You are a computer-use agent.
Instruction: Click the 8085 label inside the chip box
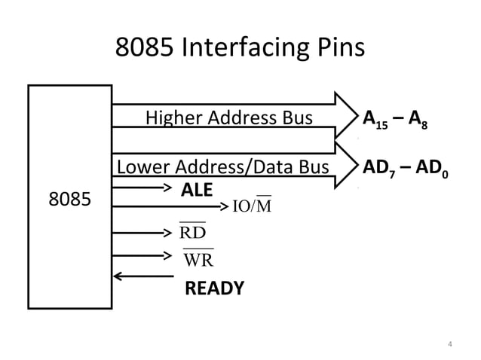(69, 200)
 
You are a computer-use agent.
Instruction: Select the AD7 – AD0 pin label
(405, 168)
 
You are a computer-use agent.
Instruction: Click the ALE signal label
(197, 189)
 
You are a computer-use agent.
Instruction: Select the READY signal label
(214, 288)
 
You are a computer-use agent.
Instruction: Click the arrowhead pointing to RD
(170, 230)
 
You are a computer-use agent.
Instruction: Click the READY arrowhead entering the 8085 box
(118, 276)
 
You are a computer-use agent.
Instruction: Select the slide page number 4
(449, 345)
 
